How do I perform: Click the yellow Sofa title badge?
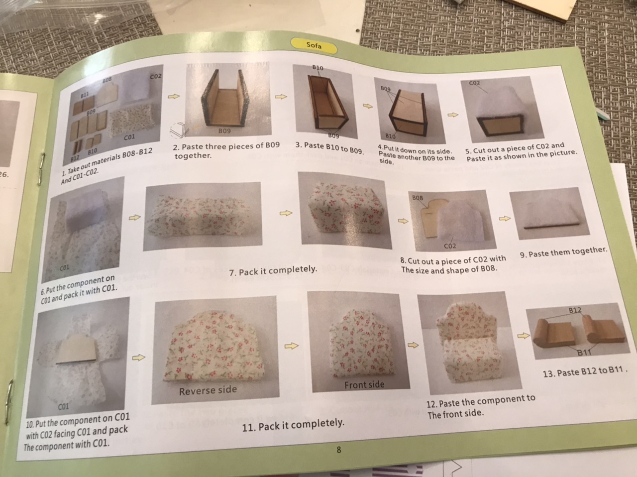pyautogui.click(x=314, y=46)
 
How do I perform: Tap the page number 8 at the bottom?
pyautogui.click(x=339, y=450)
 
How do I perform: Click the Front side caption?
pyautogui.click(x=364, y=385)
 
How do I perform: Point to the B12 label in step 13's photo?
pyautogui.click(x=575, y=310)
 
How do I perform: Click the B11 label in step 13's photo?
pyautogui.click(x=584, y=353)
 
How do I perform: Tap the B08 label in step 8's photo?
pyautogui.click(x=418, y=198)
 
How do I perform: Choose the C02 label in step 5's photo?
pyautogui.click(x=474, y=83)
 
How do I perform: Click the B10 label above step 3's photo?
pyautogui.click(x=318, y=68)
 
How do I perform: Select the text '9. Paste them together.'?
pyautogui.click(x=563, y=252)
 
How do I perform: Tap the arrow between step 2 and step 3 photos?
pyautogui.click(x=281, y=97)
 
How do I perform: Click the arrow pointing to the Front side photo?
pyautogui.click(x=291, y=346)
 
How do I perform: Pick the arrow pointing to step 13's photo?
pyautogui.click(x=524, y=336)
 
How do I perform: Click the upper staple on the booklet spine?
pyautogui.click(x=41, y=169)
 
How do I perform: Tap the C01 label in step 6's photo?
pyautogui.click(x=64, y=267)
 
